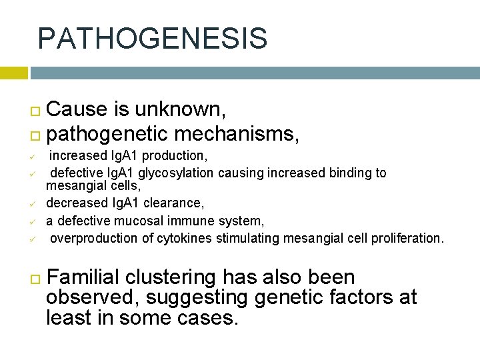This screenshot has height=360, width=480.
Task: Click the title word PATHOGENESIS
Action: (x=153, y=39)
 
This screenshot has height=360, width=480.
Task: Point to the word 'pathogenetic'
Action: (x=107, y=134)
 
